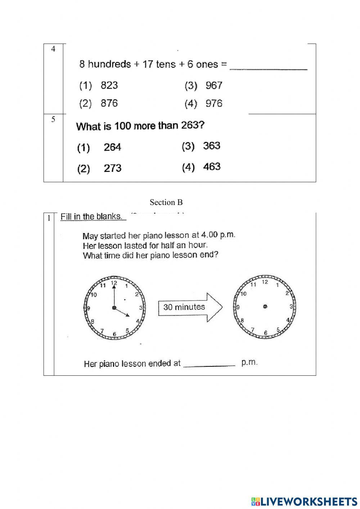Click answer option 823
click(109, 85)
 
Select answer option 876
click(109, 103)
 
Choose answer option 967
click(214, 86)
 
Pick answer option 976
click(214, 104)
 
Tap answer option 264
click(112, 147)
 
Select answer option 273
click(112, 168)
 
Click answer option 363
click(212, 146)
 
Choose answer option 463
click(212, 167)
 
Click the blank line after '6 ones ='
click(268, 67)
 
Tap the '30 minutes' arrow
click(190, 307)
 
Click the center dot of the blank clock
click(265, 307)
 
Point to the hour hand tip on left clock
click(129, 317)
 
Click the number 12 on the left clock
click(114, 283)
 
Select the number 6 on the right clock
click(265, 333)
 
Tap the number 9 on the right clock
click(238, 307)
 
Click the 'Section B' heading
click(166, 202)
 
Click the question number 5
click(53, 120)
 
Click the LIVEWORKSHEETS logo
click(304, 501)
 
